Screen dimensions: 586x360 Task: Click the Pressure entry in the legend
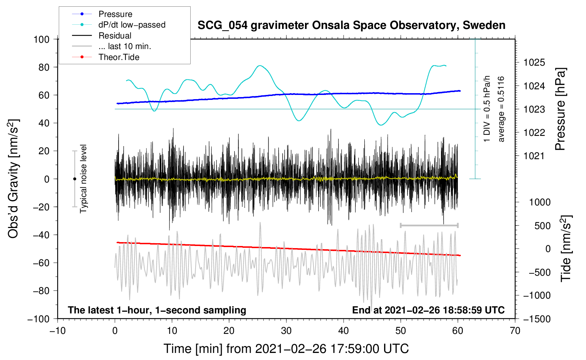(x=102, y=14)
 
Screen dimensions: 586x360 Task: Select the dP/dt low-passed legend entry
(x=119, y=25)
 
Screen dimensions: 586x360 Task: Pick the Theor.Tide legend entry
(x=106, y=57)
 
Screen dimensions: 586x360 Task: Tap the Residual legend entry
(x=102, y=36)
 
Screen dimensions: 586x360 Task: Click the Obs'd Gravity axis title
(x=13, y=179)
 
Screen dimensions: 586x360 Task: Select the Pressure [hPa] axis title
(x=560, y=109)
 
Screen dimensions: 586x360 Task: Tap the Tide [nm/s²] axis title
(x=566, y=248)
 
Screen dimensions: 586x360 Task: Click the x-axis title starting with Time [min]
(x=286, y=349)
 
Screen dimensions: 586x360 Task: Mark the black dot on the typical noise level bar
(x=74, y=179)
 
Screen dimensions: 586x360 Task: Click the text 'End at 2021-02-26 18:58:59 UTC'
(x=428, y=310)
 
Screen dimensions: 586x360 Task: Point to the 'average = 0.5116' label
(x=501, y=109)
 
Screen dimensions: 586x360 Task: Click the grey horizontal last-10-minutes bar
(x=429, y=225)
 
